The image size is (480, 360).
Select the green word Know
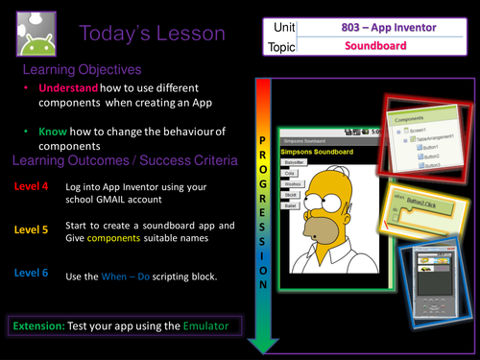[x=54, y=129]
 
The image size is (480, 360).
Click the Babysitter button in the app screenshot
[x=294, y=163]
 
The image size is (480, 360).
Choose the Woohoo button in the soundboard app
[x=293, y=183]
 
